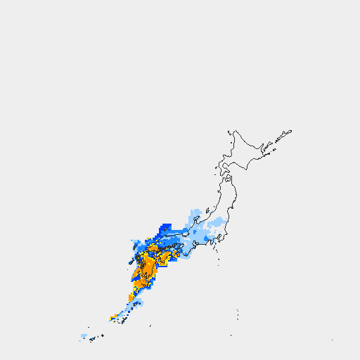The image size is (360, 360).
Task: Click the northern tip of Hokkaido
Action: [235, 130]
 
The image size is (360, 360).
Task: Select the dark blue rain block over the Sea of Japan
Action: [166, 228]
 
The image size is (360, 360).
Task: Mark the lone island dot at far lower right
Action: [333, 340]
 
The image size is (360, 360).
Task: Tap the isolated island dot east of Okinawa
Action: [150, 326]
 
